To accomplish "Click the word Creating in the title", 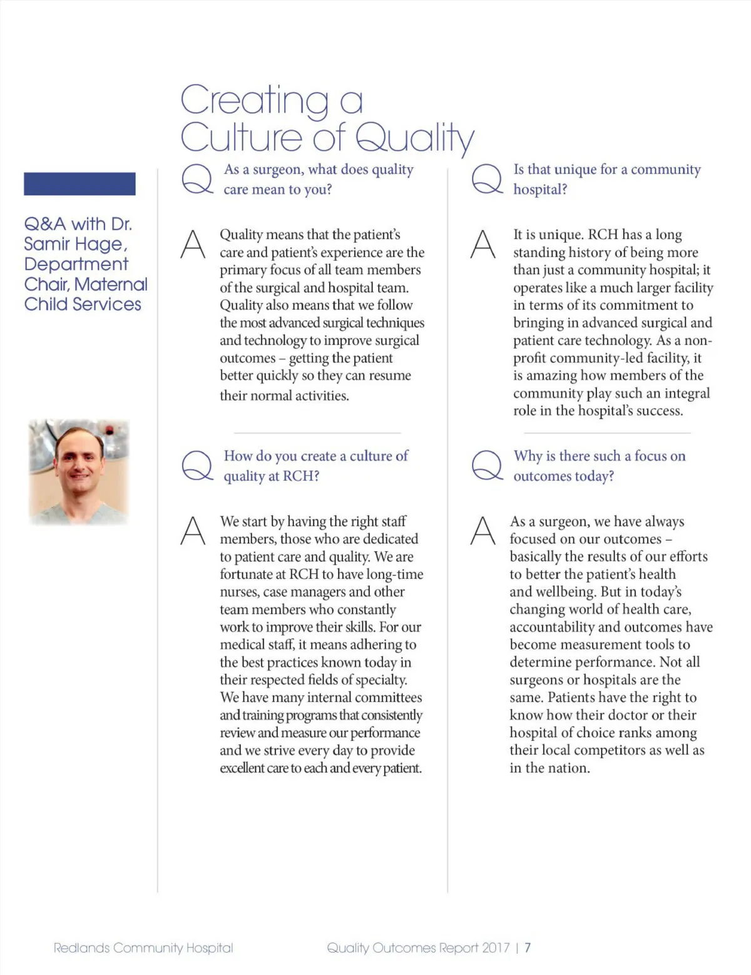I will pyautogui.click(x=253, y=100).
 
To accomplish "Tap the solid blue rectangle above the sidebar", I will pyautogui.click(x=79, y=184).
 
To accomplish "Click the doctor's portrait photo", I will pyautogui.click(x=79, y=471).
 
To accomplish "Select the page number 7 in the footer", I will pyautogui.click(x=528, y=947).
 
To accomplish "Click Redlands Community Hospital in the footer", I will pyautogui.click(x=143, y=947).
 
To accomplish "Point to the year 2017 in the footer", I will pyautogui.click(x=496, y=947).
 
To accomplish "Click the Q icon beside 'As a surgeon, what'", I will pyautogui.click(x=197, y=179).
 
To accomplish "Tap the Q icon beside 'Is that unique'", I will pyautogui.click(x=486, y=179).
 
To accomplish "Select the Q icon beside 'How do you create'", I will pyautogui.click(x=197, y=466).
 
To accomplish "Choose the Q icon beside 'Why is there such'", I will pyautogui.click(x=486, y=466).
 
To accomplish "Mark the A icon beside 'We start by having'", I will pyautogui.click(x=193, y=531).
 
